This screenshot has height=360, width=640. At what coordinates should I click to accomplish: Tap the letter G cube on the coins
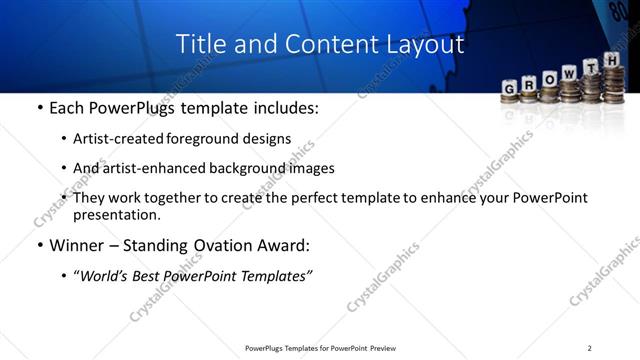[510, 87]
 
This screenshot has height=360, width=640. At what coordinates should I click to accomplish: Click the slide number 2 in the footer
[590, 348]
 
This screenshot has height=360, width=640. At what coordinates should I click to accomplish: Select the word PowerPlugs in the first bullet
[134, 108]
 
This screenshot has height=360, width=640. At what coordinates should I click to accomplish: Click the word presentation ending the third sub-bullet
[116, 214]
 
